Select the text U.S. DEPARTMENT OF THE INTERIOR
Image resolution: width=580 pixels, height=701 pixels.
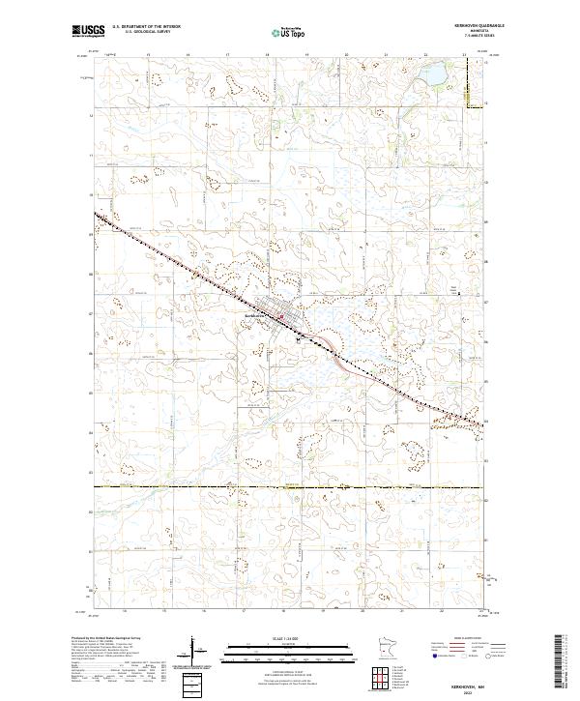click(146, 26)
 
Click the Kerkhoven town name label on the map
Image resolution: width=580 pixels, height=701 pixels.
click(255, 316)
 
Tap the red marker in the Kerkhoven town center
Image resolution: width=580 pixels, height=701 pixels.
click(281, 316)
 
